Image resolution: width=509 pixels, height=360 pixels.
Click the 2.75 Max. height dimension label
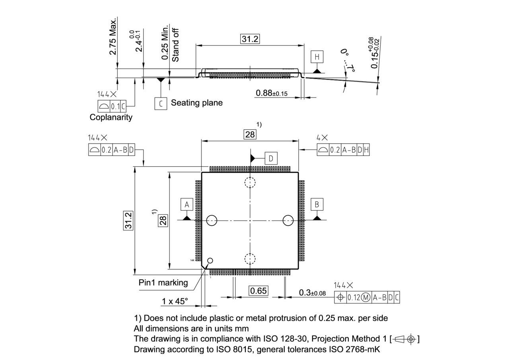click(x=113, y=36)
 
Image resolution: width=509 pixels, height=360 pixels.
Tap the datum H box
click(x=317, y=57)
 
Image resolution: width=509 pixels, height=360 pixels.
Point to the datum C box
click(x=161, y=103)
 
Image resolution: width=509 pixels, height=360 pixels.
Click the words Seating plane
click(x=196, y=103)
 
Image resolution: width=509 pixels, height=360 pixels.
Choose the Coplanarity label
click(x=111, y=117)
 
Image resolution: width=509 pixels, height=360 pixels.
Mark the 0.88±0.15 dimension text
click(x=272, y=93)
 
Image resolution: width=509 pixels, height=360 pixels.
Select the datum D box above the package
click(x=271, y=159)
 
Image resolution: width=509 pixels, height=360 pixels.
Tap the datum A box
click(x=187, y=204)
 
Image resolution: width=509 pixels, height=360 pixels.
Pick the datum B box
click(x=317, y=204)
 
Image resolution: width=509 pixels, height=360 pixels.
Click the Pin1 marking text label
click(x=163, y=283)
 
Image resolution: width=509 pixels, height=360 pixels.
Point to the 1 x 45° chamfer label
click(x=175, y=302)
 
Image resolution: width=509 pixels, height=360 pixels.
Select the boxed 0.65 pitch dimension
click(x=258, y=291)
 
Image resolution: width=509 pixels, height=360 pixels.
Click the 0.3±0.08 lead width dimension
click(x=312, y=293)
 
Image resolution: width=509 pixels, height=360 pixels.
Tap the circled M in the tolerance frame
click(x=366, y=297)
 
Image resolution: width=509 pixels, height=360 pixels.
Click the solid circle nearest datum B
click(x=288, y=220)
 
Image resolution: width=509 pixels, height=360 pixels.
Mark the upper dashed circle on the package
click(x=250, y=183)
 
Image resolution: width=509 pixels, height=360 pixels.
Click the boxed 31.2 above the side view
click(x=250, y=39)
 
